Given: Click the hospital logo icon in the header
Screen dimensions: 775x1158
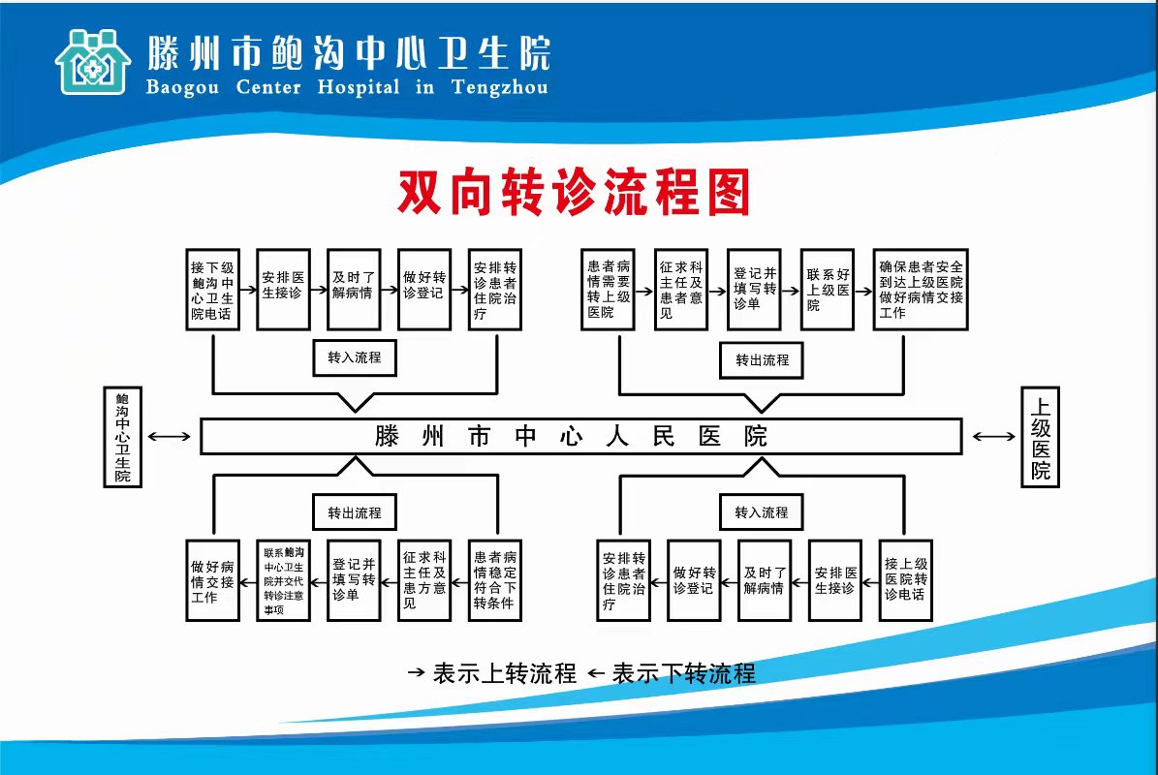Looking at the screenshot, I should (92, 61).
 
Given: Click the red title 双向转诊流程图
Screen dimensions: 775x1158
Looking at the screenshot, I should (574, 192).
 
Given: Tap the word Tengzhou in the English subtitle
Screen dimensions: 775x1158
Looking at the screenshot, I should (499, 87).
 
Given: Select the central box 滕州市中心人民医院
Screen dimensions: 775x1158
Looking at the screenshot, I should (580, 436).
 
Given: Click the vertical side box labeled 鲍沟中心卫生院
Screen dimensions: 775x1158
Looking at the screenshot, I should (122, 436).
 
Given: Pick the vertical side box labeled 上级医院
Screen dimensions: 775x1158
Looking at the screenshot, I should (1040, 436).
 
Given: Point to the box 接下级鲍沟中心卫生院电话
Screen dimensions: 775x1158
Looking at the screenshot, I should (212, 290).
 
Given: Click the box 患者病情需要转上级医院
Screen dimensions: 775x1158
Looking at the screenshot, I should (608, 290).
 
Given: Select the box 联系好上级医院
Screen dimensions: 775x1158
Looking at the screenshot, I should (827, 290).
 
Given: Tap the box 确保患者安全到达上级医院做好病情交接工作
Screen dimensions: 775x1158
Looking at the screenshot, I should (920, 290).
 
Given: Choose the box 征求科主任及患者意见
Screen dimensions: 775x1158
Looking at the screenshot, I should (680, 290).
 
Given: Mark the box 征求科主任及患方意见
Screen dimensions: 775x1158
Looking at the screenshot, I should (424, 580).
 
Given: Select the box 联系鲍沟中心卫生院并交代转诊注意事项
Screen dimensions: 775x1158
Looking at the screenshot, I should (283, 580).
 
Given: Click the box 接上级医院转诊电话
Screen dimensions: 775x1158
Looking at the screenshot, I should (905, 580).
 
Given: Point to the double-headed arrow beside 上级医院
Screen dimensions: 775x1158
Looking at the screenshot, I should (994, 437).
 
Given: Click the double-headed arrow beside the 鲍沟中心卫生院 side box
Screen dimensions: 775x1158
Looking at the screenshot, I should (171, 437).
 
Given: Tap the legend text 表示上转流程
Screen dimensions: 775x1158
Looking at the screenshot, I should (504, 673).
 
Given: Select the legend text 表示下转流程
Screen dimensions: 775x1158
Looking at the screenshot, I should (683, 673).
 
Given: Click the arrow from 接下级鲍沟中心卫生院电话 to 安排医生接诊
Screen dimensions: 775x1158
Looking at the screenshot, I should (248, 289).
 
